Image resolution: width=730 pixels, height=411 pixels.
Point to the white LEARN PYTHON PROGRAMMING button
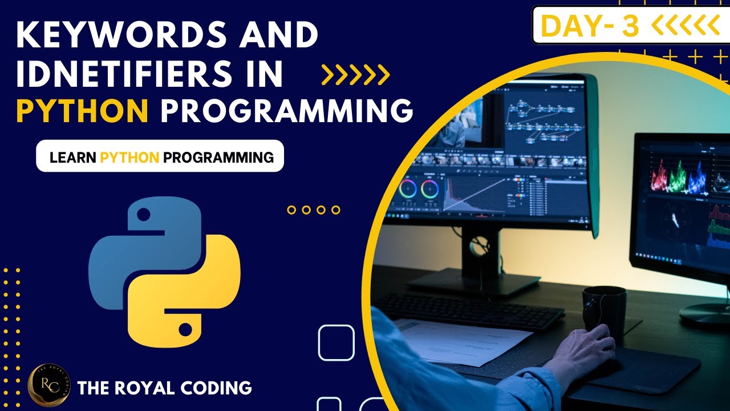160,156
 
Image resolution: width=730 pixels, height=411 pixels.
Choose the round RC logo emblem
48,386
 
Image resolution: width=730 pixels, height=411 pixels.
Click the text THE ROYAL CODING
164,388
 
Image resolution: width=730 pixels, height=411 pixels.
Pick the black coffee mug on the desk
604,311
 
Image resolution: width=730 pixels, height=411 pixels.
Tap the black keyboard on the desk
468,311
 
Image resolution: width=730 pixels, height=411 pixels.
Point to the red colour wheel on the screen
407,188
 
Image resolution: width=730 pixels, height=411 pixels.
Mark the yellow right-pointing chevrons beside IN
355,74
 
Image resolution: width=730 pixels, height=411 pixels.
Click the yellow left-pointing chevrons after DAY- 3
684,26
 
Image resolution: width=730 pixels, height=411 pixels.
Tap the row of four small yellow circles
313,210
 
